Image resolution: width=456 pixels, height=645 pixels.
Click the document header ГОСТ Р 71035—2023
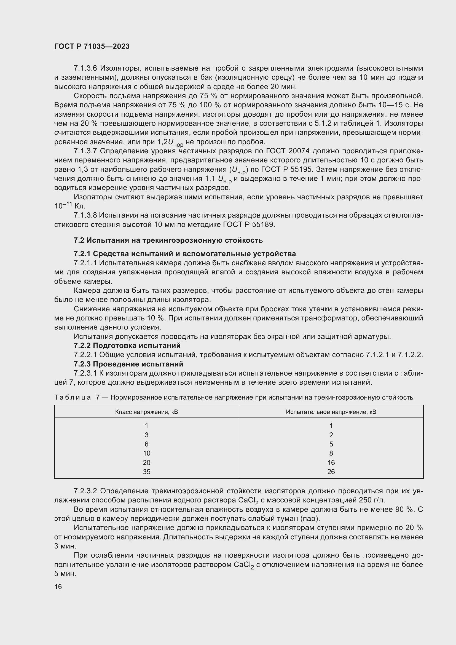pyautogui.click(x=92, y=46)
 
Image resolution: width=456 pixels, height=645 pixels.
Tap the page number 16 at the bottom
pyautogui.click(x=58, y=587)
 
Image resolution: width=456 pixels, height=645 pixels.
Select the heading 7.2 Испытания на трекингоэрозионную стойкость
pyautogui.click(x=168, y=240)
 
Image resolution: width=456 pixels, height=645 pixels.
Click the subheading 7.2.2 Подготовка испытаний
pyautogui.click(x=127, y=345)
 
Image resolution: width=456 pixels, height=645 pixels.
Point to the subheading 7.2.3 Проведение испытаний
pyautogui.click(x=128, y=364)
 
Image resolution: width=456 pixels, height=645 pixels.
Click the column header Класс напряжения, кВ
pyautogui.click(x=147, y=412)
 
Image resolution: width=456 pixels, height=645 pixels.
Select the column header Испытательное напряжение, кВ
pyautogui.click(x=331, y=412)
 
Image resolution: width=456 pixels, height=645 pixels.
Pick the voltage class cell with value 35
pyautogui.click(x=147, y=472)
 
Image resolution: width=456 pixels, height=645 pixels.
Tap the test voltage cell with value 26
pyautogui.click(x=331, y=472)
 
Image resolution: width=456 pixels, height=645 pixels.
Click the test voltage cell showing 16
pyautogui.click(x=331, y=462)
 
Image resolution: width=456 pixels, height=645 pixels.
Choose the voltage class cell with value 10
pyautogui.click(x=147, y=453)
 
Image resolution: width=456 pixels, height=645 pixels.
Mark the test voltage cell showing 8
pyautogui.click(x=331, y=453)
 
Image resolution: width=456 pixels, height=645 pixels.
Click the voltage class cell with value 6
pyautogui.click(x=147, y=444)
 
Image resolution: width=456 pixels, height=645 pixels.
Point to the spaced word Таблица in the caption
pyautogui.click(x=73, y=397)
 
